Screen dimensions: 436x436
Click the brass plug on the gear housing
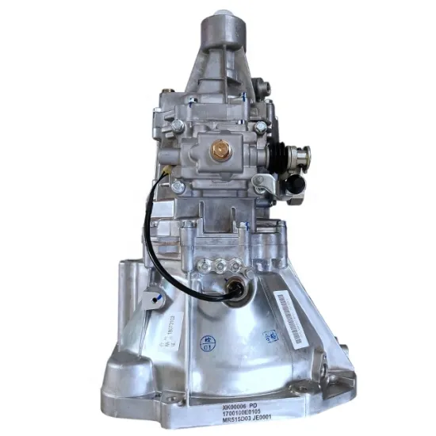tap(217, 148)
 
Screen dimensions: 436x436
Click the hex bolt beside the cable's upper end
tap(178, 186)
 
